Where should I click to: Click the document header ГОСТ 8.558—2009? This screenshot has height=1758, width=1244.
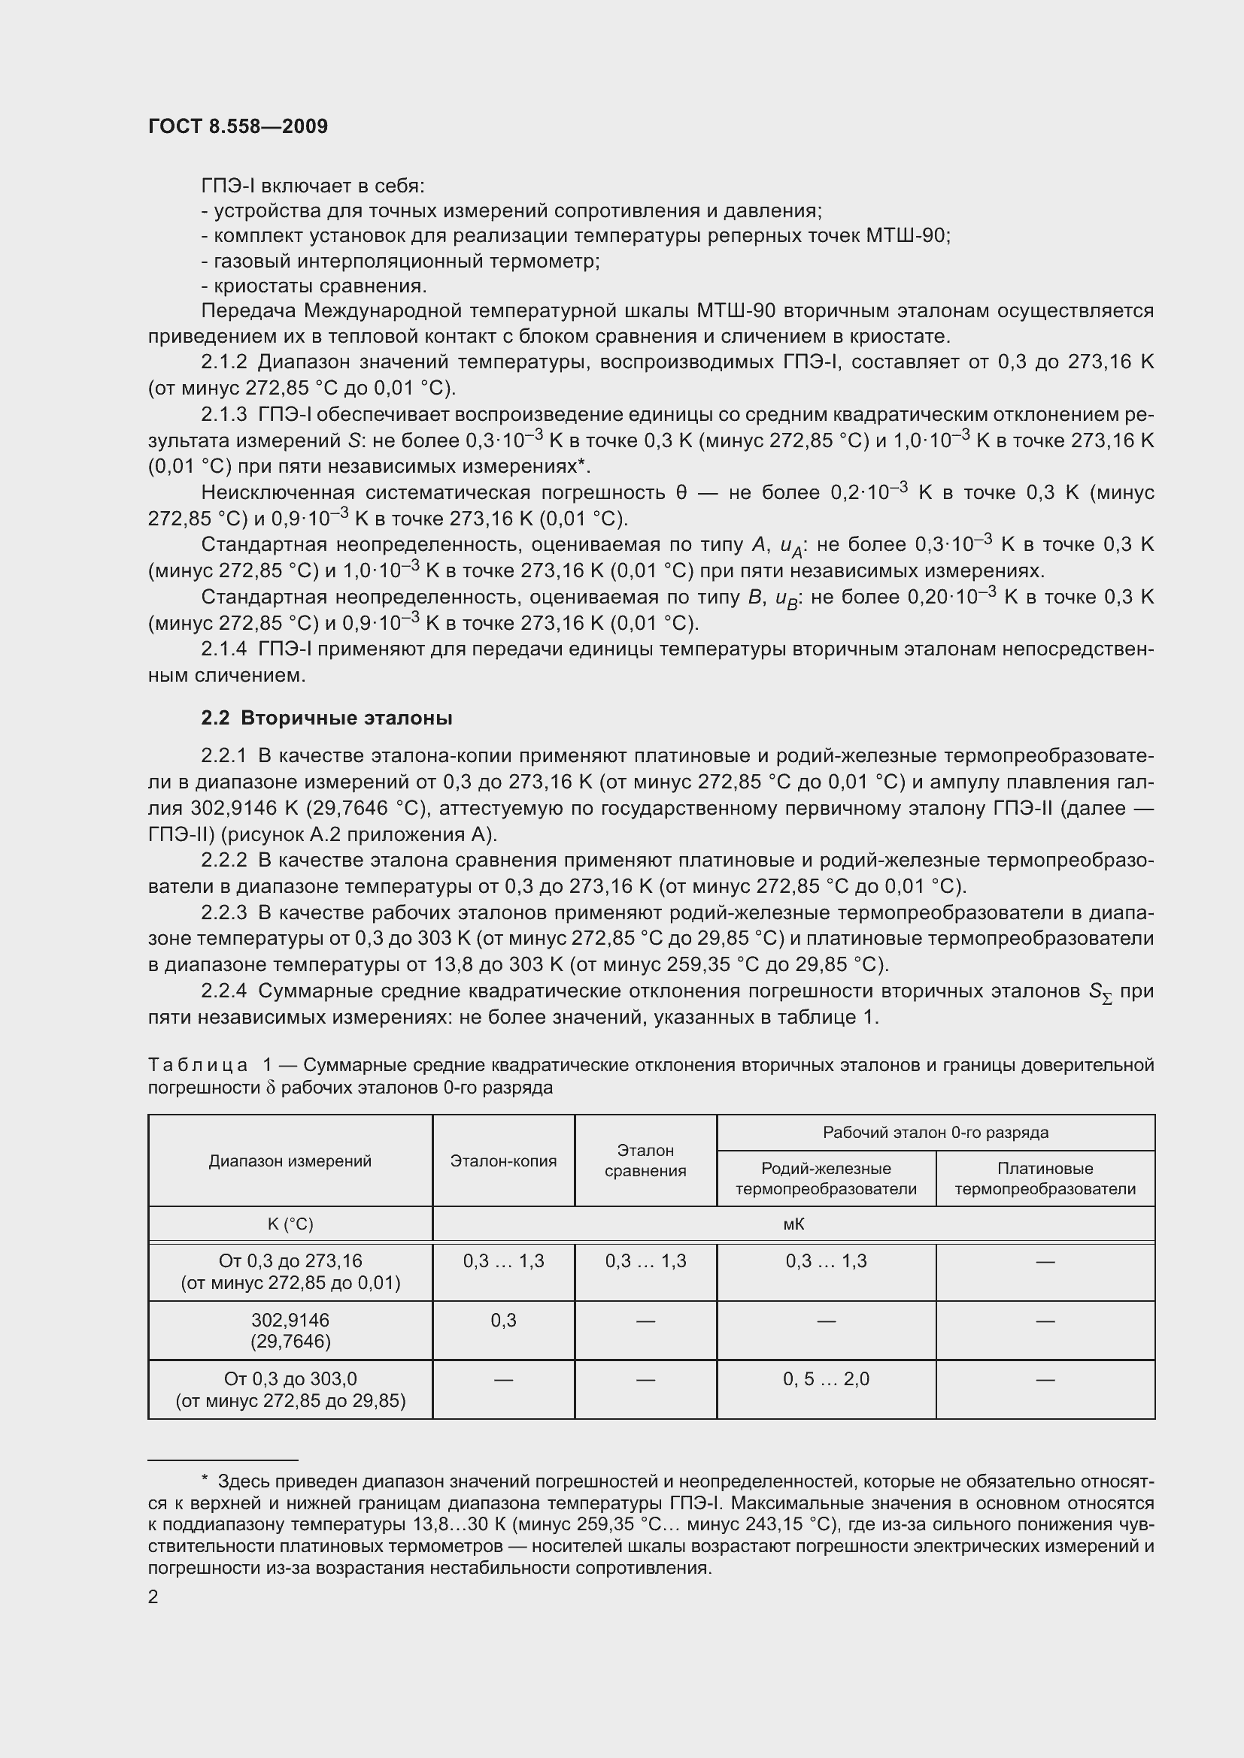point(238,126)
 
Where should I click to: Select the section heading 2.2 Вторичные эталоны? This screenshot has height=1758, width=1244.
point(326,719)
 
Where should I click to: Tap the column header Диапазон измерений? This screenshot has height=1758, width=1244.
point(290,1160)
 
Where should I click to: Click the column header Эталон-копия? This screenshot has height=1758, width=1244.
point(503,1160)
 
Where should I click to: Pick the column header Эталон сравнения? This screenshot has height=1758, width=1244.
point(645,1160)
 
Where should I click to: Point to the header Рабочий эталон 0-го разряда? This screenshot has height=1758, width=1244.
point(936,1133)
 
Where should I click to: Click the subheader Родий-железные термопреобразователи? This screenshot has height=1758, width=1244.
point(826,1179)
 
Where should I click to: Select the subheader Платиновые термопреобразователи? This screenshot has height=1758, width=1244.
point(1045,1179)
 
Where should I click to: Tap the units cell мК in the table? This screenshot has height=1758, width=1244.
point(793,1224)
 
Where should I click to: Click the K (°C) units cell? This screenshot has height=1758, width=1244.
point(290,1224)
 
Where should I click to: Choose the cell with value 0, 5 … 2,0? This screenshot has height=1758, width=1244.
point(826,1379)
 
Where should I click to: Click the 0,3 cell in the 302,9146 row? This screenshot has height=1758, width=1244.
point(503,1320)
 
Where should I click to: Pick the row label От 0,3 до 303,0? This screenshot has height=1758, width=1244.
point(290,1379)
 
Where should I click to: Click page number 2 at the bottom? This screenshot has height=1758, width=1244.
point(153,1596)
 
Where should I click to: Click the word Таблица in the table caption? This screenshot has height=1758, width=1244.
point(198,1065)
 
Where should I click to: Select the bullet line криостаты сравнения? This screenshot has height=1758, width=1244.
point(314,286)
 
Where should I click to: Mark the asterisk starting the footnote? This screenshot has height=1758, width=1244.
point(205,1481)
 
